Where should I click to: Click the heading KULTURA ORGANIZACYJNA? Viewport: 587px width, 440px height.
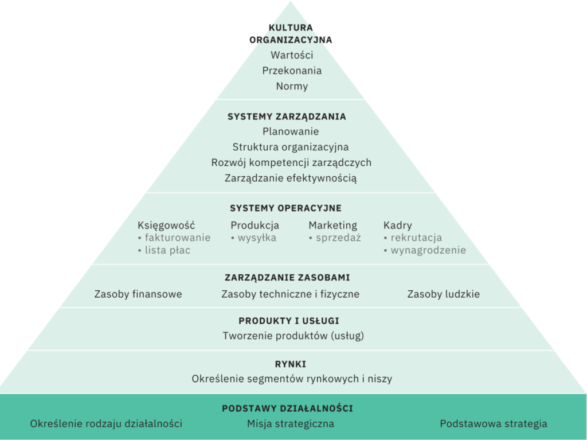pos(291,33)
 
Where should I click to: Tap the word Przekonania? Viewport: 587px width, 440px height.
pos(292,71)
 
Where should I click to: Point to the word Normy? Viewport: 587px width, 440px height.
pos(292,87)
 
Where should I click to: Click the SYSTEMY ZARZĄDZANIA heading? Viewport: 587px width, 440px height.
pos(287,116)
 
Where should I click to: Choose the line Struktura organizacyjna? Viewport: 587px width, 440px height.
pos(291,147)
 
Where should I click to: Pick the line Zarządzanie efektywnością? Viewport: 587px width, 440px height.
pos(291,178)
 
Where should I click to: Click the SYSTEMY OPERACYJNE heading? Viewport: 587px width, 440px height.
pos(285,208)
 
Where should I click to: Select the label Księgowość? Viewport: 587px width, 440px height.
pos(166,225)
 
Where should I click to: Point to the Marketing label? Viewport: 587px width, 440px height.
pos(332,225)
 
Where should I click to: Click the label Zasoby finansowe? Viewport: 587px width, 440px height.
pos(138,294)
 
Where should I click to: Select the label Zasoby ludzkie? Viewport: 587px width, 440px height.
pos(443,294)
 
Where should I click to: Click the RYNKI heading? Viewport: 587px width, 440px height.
pos(290,364)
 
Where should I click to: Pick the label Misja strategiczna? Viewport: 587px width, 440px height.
pos(291,424)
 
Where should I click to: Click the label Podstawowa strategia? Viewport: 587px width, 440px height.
pos(494,424)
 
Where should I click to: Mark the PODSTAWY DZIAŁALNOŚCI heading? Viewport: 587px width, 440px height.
pos(287,409)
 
